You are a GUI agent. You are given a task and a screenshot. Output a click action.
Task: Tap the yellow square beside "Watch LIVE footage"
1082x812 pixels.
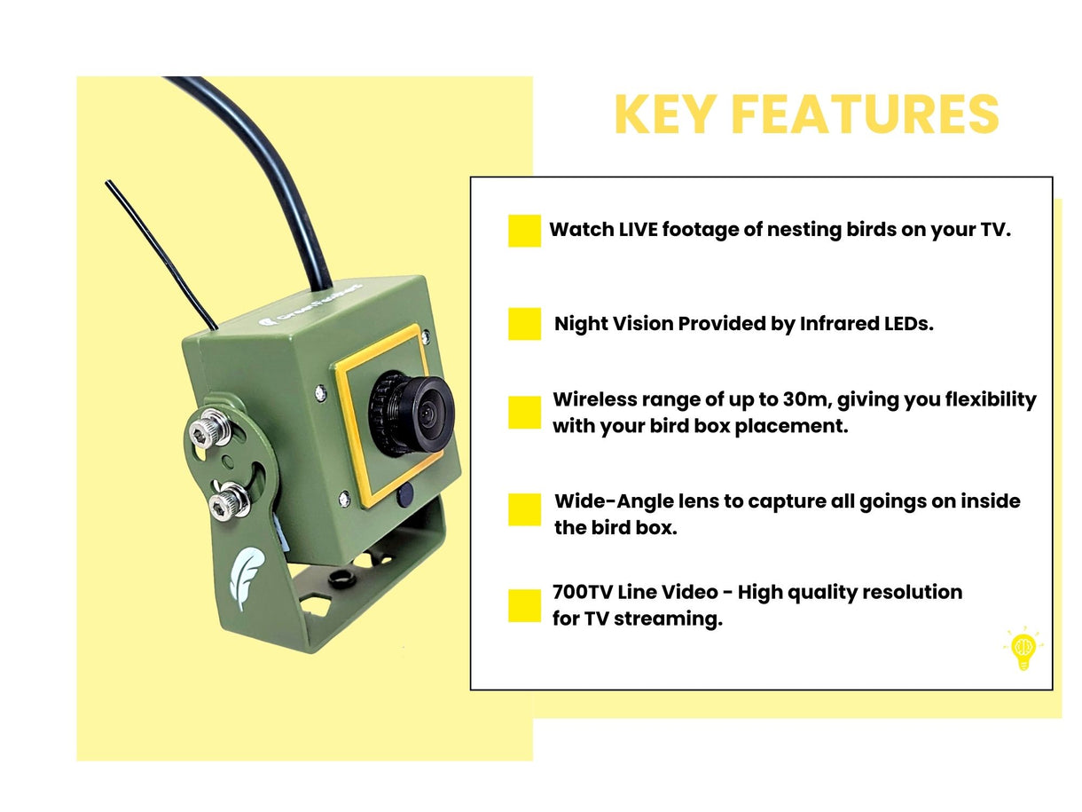[524, 231]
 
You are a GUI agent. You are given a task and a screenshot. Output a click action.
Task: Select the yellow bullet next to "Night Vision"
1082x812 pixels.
[524, 324]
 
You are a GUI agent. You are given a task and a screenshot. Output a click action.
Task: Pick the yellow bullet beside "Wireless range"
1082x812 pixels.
[524, 413]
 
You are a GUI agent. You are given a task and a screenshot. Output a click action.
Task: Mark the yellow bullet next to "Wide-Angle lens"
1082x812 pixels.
[524, 510]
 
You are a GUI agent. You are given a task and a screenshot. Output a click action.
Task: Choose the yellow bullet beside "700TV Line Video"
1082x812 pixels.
[524, 605]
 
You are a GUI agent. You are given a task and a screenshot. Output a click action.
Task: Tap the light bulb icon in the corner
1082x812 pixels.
[1023, 650]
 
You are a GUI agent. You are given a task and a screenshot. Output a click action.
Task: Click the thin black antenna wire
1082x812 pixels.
[160, 253]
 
